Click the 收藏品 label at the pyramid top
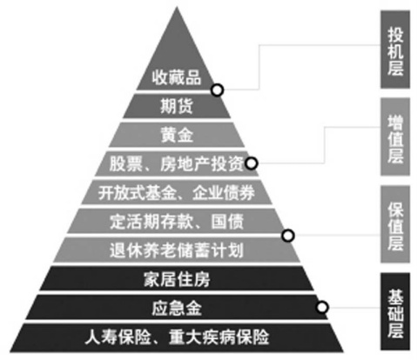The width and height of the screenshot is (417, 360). (177, 77)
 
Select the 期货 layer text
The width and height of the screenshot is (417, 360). (177, 106)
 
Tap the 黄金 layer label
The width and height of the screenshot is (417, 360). (177, 135)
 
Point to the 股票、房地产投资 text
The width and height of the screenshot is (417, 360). (177, 163)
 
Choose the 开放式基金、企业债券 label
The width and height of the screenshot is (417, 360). (177, 192)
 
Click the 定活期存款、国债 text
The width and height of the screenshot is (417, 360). (177, 222)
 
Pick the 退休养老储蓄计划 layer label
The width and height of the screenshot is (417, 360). (177, 250)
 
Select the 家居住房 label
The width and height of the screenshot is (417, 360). (177, 279)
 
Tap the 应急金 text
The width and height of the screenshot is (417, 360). (177, 308)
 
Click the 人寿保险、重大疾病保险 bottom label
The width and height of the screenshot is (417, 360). (177, 337)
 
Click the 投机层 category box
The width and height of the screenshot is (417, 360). (395, 50)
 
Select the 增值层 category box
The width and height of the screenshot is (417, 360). (395, 137)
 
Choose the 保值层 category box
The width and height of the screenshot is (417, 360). (395, 224)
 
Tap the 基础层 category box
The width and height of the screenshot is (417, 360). (395, 311)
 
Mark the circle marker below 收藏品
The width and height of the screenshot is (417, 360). (218, 90)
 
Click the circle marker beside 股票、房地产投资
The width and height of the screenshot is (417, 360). (252, 163)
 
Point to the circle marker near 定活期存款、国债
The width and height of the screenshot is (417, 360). (288, 236)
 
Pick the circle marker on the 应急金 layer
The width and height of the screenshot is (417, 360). (322, 307)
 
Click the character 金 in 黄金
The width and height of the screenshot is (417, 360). (185, 135)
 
